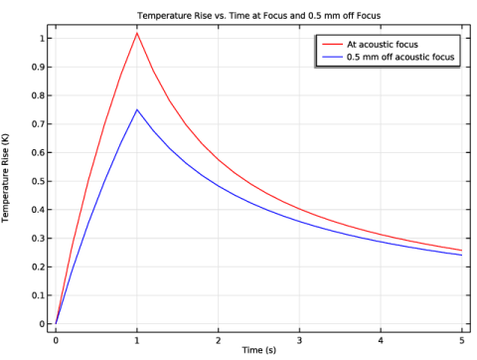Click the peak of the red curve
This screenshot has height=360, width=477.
click(137, 33)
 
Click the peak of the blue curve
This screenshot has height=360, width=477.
click(137, 109)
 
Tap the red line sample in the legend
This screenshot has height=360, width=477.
click(332, 45)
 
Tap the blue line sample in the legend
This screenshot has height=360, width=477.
click(332, 57)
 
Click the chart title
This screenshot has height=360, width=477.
click(259, 16)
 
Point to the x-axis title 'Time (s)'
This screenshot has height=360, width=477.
click(258, 350)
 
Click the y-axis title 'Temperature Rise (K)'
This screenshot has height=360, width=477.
click(5, 178)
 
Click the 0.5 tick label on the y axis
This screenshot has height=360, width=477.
click(38, 181)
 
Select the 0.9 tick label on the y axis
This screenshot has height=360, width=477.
click(38, 67)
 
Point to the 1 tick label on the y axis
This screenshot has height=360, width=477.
click(42, 39)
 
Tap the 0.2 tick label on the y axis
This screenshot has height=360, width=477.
click(38, 267)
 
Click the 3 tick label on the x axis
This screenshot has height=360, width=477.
click(299, 340)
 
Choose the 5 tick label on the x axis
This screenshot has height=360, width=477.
click(462, 340)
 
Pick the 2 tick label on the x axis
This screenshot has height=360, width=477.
click(219, 340)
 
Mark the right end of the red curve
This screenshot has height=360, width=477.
click(461, 251)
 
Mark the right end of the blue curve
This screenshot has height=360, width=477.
click(461, 256)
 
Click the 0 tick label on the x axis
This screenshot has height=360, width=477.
click(56, 340)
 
